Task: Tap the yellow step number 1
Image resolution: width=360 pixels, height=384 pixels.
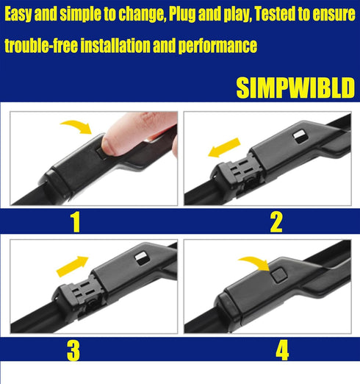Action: (x=75, y=221)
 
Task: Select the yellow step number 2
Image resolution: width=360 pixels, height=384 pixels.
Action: (x=276, y=221)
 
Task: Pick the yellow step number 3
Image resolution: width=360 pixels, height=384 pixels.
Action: (x=73, y=349)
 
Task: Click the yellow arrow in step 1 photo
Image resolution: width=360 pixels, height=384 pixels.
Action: (x=76, y=129)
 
